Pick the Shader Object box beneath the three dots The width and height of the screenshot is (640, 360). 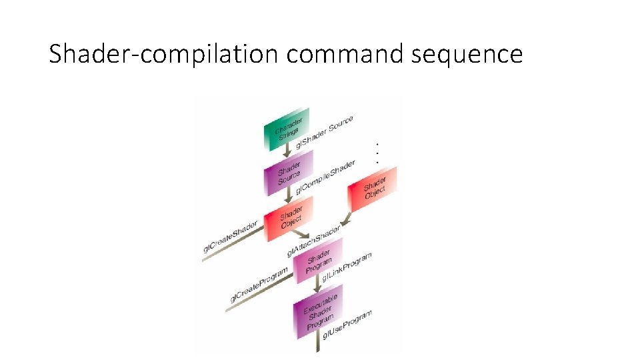click(x=373, y=189)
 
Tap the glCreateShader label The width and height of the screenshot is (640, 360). click(x=231, y=237)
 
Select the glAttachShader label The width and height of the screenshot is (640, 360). click(x=313, y=241)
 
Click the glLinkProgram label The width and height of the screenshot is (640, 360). click(x=347, y=266)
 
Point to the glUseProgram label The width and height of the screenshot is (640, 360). click(x=347, y=323)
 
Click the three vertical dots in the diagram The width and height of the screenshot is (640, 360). click(x=378, y=153)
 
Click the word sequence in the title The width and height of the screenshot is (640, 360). click(x=467, y=55)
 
